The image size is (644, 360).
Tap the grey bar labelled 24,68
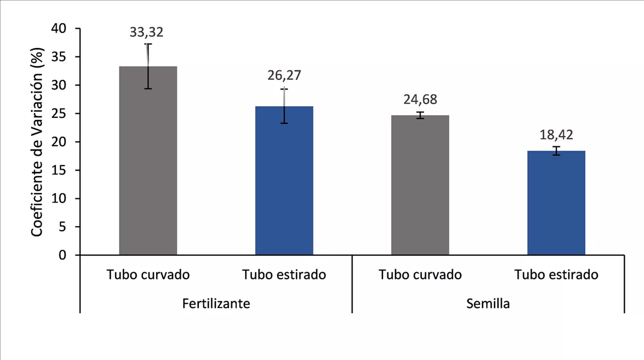(420, 186)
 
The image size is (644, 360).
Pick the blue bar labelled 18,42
(556, 204)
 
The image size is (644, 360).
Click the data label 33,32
(146, 32)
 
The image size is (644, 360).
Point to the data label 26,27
(284, 76)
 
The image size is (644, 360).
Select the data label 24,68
(420, 99)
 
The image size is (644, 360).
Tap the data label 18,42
(556, 135)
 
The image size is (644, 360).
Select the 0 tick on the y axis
(62, 255)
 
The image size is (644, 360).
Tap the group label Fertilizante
(216, 304)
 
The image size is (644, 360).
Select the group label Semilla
(488, 304)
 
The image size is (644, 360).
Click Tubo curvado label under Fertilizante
(148, 275)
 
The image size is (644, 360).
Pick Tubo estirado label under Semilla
(556, 275)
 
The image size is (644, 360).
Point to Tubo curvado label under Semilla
(420, 275)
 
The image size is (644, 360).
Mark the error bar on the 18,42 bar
(556, 151)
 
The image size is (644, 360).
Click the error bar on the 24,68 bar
(420, 115)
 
